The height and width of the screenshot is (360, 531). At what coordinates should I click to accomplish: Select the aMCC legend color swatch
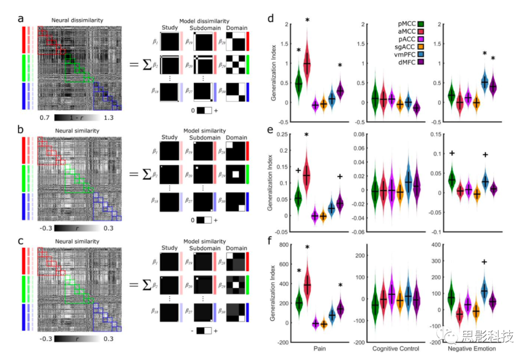(x=421, y=30)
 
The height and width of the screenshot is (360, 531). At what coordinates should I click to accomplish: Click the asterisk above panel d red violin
(x=307, y=20)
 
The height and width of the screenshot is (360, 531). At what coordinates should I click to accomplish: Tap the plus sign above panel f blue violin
(x=484, y=262)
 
